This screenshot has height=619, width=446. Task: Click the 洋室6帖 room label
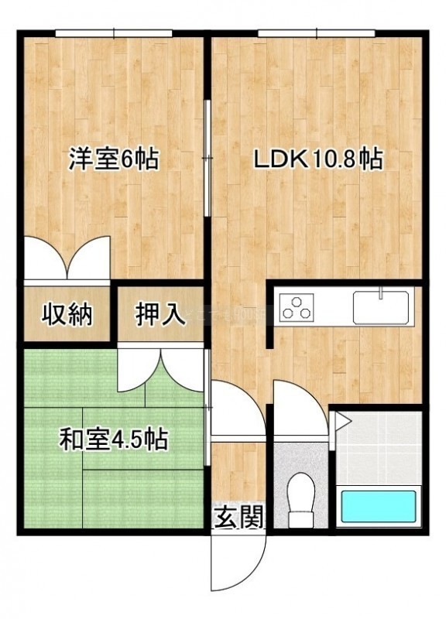click(x=114, y=159)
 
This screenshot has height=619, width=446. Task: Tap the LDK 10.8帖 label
click(x=318, y=160)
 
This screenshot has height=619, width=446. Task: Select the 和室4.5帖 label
click(x=114, y=439)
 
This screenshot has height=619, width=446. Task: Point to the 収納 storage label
click(x=67, y=315)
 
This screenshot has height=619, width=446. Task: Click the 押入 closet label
click(x=160, y=315)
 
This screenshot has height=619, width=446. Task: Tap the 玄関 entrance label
click(x=238, y=517)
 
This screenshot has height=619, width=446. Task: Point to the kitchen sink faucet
click(x=381, y=292)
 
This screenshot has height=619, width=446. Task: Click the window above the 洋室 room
click(x=114, y=34)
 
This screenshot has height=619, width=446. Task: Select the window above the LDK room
click(x=317, y=34)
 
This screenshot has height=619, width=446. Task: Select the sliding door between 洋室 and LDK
click(x=207, y=158)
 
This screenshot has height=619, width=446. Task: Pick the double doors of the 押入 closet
click(x=161, y=369)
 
